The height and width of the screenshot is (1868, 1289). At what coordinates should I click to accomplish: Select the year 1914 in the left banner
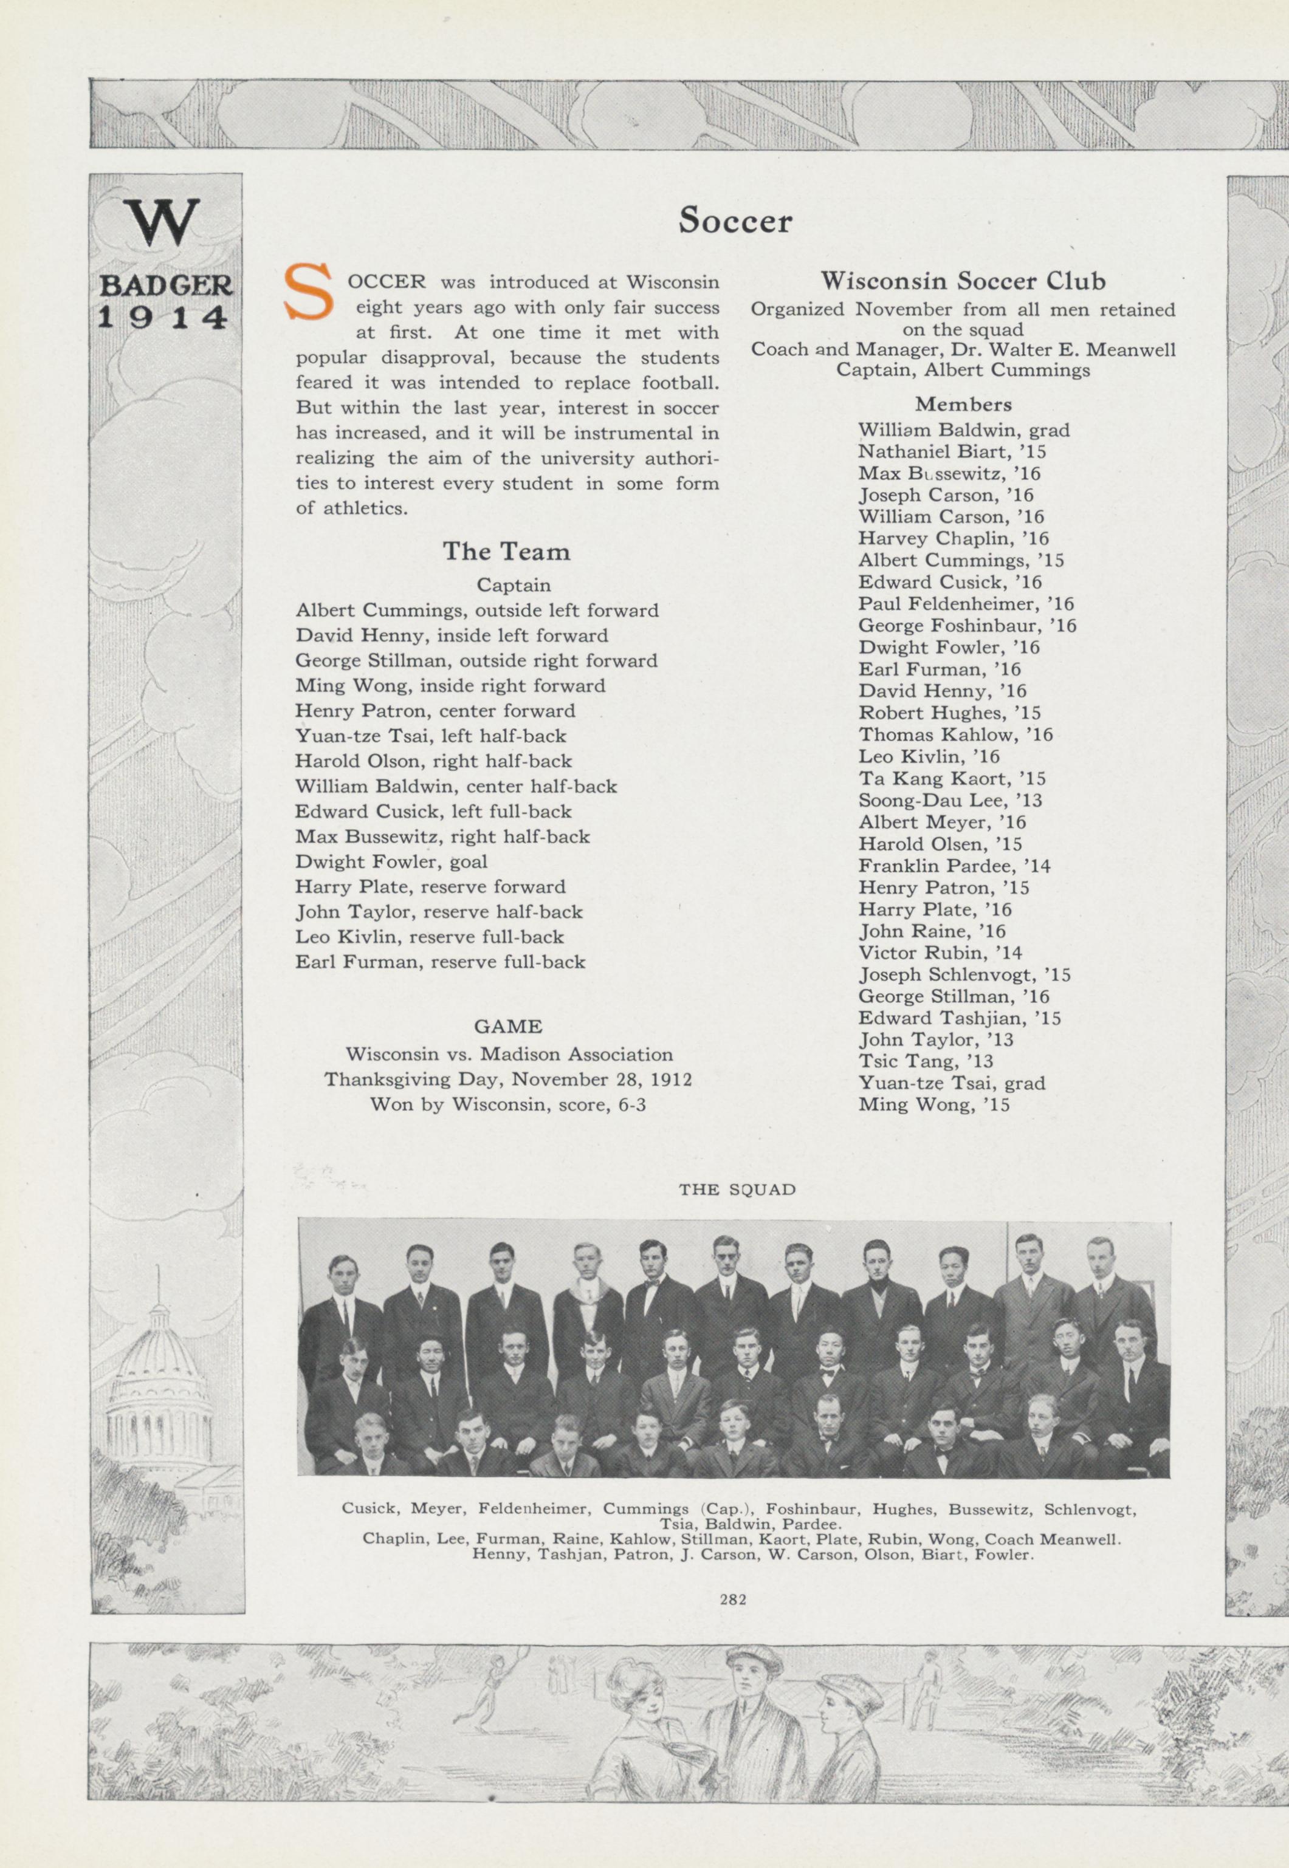162,316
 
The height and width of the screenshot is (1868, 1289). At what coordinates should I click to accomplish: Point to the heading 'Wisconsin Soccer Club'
963,281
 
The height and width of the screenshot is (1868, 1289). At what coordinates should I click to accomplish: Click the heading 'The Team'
506,552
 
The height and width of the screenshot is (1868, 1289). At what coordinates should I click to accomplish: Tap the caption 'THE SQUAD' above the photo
737,1189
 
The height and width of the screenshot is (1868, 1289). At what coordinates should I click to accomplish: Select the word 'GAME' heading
507,1026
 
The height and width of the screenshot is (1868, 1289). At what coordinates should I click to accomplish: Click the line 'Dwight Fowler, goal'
391,861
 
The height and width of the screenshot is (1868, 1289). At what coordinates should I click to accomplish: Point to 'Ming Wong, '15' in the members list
933,1104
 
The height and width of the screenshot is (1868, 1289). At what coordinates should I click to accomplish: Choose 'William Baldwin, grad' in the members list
963,429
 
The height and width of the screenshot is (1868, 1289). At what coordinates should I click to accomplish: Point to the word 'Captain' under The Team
513,584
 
